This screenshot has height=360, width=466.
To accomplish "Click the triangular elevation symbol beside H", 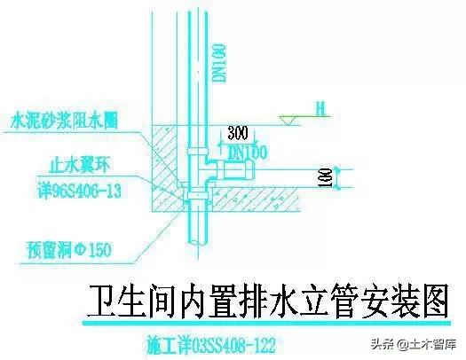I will click(x=289, y=116).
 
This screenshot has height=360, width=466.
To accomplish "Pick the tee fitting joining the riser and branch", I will click(x=203, y=166).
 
